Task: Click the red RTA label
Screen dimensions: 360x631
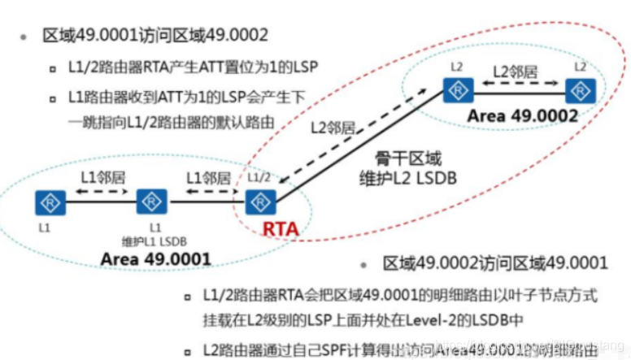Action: pos(281,229)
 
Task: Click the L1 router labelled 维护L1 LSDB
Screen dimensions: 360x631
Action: pos(151,201)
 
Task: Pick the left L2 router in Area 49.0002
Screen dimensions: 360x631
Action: pos(454,89)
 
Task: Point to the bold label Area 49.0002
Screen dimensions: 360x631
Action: pos(522,115)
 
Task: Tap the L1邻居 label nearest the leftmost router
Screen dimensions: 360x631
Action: pos(101,176)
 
